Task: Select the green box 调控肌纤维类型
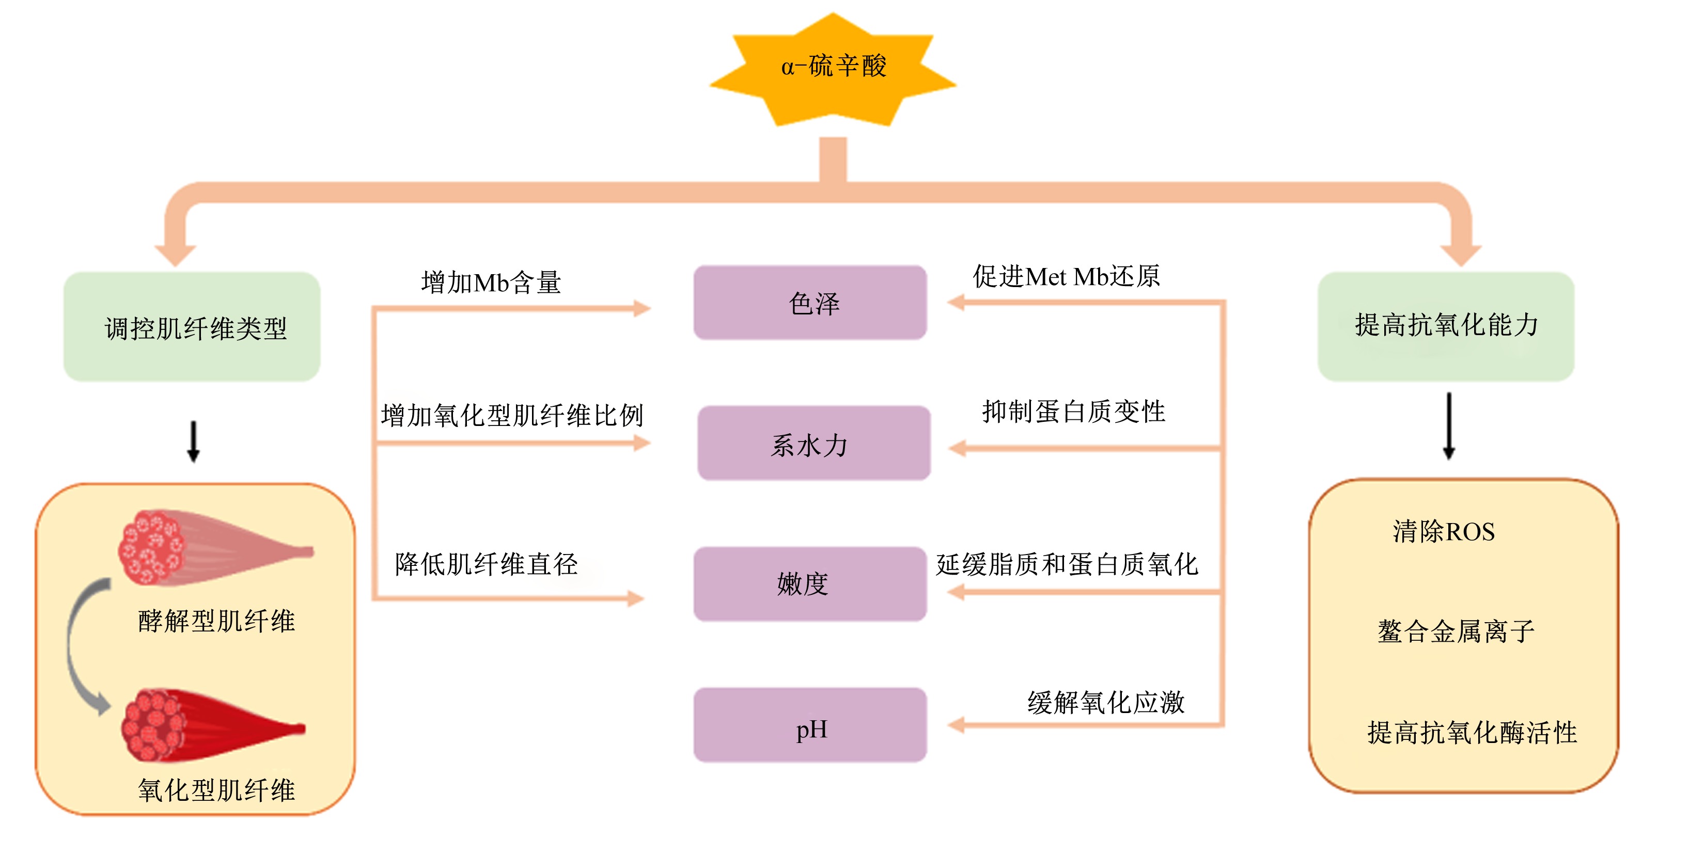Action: pos(192,326)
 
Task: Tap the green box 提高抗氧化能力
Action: pos(1446,326)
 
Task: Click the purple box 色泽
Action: pos(810,302)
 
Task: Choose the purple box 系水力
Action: pos(814,443)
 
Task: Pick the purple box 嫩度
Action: pos(810,583)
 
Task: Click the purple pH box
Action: pos(810,724)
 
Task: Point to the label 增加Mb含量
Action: pos(491,282)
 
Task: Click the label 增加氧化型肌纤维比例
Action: pos(512,415)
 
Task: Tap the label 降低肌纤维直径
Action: pos(486,564)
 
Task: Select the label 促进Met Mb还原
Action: pos(1066,276)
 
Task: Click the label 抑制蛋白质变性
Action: pos(1073,412)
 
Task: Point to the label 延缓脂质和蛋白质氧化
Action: pos(1067,564)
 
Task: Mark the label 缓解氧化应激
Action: pos(1105,702)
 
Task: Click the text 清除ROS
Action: pos(1444,531)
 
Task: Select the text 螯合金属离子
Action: pos(1456,631)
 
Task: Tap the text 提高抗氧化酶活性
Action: pos(1472,732)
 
